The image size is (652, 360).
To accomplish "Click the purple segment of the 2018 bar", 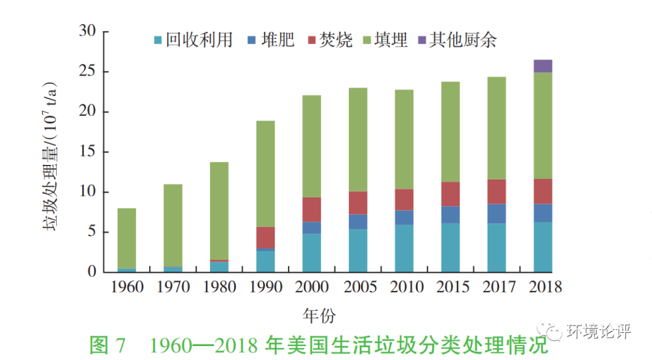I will point(543,66).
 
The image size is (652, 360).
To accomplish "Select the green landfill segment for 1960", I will point(127,238).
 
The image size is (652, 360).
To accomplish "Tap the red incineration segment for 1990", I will point(266,237).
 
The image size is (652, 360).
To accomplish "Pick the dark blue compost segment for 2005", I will point(358,222).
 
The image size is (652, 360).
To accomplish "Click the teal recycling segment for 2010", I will point(404,248).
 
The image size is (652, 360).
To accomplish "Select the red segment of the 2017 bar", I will point(496,191).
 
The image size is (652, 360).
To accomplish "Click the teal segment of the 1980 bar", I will point(219,266).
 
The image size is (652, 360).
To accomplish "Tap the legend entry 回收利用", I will point(193,40).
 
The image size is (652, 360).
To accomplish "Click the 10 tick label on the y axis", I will point(88,191).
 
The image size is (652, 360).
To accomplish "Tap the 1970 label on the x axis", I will point(173,286).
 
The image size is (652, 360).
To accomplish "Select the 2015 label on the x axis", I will point(450,286).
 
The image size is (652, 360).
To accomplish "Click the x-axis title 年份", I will point(319,315).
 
